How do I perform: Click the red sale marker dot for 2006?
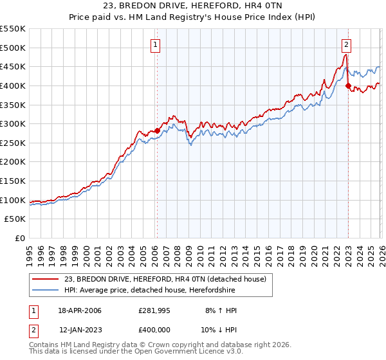click(157, 130)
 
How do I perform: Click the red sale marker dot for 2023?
click(348, 85)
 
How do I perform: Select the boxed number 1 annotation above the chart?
click(156, 44)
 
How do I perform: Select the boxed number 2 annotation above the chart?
click(346, 44)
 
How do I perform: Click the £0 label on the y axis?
click(20, 238)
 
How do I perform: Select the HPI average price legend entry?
click(150, 290)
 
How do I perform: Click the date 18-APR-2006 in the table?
click(80, 310)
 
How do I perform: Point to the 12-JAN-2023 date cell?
click(80, 330)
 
